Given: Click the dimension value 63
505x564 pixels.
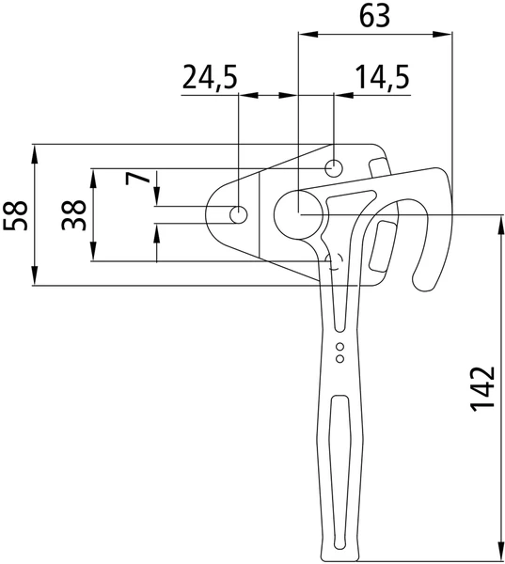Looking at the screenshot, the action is point(374,16).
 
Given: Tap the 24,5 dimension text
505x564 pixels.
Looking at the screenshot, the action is point(210,77).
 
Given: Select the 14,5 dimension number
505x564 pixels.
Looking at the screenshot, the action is point(382,77).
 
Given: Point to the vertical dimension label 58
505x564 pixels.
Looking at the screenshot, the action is point(15,215).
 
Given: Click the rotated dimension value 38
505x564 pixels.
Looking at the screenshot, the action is point(73,215).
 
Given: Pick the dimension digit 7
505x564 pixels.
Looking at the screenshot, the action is point(137,178).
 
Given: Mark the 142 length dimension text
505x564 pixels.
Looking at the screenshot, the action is point(482,389).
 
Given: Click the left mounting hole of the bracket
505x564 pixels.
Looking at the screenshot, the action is point(238,214).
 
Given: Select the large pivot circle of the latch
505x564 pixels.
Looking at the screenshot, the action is point(301,214).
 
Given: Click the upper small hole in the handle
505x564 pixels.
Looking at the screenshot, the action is point(339,347).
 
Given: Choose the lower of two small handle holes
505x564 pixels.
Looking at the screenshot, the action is point(339,359).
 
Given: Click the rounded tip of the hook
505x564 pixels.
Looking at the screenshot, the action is point(423,282).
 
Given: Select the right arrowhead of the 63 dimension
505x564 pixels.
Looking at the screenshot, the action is point(442,35).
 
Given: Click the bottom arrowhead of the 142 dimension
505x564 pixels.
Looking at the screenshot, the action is point(500,551).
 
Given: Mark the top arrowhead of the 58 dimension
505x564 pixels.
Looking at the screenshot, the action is point(35,154).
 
